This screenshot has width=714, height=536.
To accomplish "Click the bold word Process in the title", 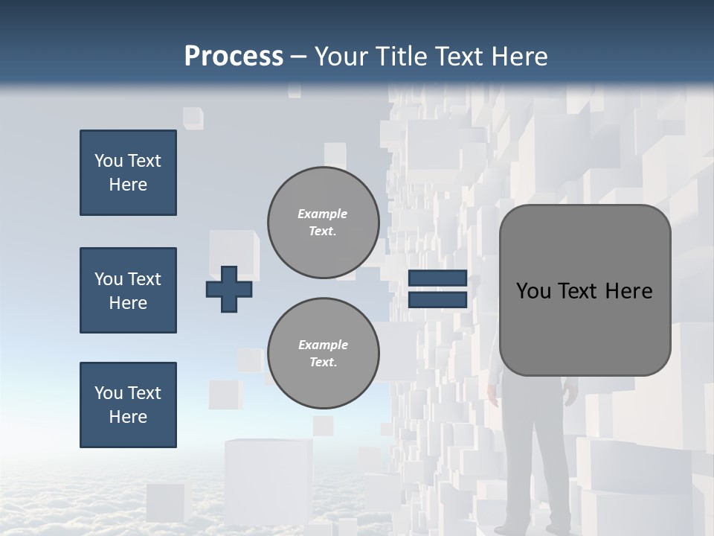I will [x=234, y=57].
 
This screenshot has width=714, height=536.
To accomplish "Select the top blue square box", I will [x=128, y=173].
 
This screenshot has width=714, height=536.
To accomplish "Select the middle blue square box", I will [x=128, y=290].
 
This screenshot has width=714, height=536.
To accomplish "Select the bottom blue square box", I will [x=128, y=405].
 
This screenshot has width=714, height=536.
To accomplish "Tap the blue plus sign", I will [x=228, y=290].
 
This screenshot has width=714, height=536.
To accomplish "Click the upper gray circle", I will [x=323, y=223].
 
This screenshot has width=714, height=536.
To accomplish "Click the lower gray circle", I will [x=323, y=354].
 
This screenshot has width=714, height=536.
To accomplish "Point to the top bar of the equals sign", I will [x=437, y=278].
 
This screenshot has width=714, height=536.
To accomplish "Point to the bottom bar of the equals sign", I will [x=437, y=300].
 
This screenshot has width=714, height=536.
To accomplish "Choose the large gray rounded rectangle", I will [x=585, y=290].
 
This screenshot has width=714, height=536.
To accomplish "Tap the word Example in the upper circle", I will [x=322, y=214].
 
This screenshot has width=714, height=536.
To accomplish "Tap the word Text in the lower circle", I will [x=322, y=362].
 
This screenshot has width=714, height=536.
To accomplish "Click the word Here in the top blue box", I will [x=128, y=185].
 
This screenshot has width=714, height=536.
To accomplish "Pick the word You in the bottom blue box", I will [x=108, y=393].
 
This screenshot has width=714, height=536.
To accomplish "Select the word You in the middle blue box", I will [x=108, y=279].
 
